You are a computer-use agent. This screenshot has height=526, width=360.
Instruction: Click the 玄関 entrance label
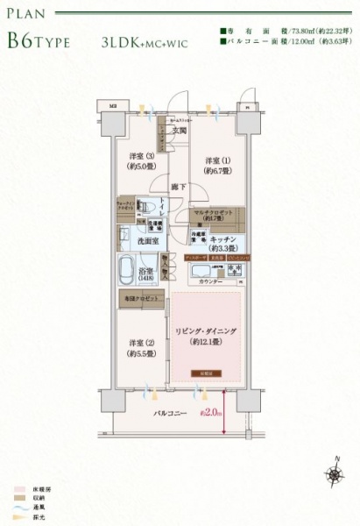point(179,131)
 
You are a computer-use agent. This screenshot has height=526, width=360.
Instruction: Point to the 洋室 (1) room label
point(218,165)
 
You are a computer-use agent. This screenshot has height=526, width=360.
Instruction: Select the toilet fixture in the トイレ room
point(148,207)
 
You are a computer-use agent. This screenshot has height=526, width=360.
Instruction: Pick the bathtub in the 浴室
point(124,267)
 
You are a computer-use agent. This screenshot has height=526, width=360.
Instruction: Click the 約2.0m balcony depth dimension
point(210,410)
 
